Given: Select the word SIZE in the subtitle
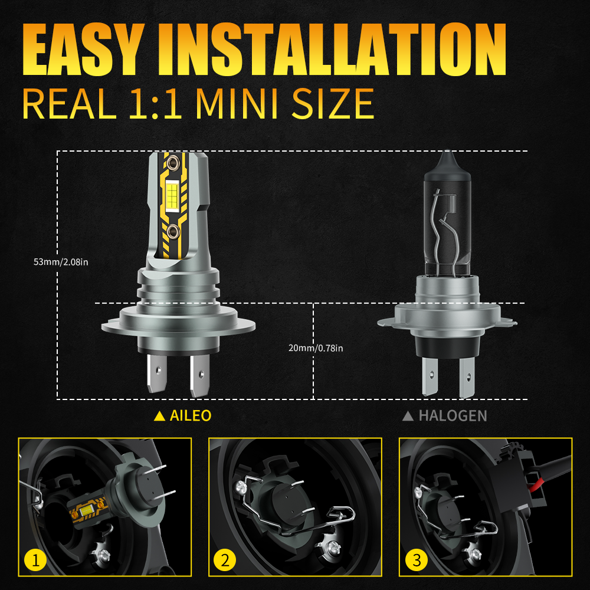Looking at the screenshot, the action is click(333, 104).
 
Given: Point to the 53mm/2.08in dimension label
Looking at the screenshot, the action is click(61, 262).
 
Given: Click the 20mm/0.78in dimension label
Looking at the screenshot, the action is click(316, 348).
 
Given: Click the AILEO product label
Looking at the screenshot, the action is click(191, 416).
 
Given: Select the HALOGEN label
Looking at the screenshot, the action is click(453, 416).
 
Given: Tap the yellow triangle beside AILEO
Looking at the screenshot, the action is click(159, 416).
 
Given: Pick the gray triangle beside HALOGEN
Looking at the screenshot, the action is click(408, 416).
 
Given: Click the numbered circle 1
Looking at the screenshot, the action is click(35, 560).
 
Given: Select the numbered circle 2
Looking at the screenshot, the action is click(225, 560).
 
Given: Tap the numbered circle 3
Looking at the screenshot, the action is click(417, 560).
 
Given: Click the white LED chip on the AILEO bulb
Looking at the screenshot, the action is click(172, 195).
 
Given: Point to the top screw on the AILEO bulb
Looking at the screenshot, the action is click(172, 163).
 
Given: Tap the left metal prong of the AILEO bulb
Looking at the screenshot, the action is click(156, 373).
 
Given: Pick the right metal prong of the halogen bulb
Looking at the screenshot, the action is click(467, 378).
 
